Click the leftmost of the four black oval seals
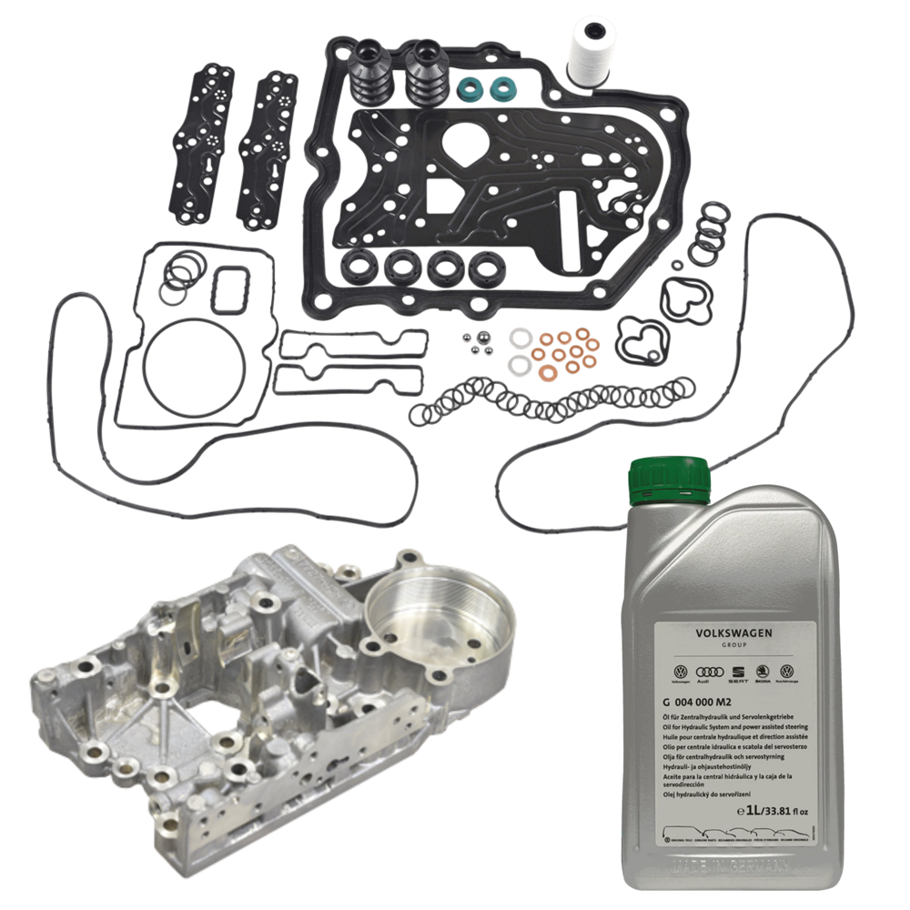pos(359,267)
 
